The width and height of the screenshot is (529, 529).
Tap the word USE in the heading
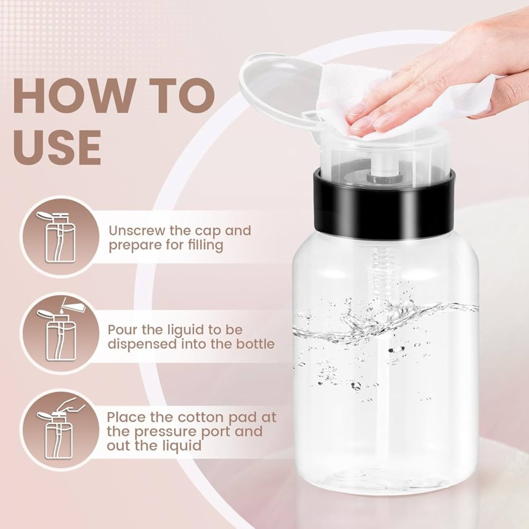point(57,147)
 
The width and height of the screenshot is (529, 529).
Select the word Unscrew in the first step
point(136,231)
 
